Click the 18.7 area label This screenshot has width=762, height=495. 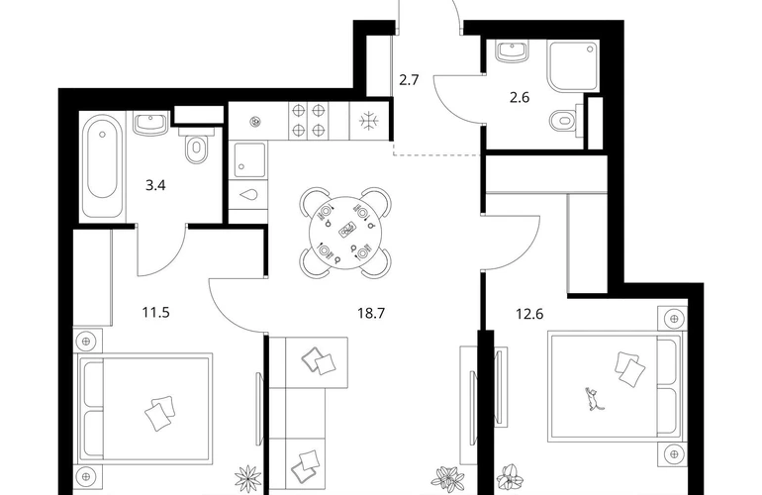(x=371, y=313)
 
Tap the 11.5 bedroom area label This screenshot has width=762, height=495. (x=156, y=312)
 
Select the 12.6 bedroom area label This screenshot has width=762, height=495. (x=529, y=314)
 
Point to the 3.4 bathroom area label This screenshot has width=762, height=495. (x=155, y=185)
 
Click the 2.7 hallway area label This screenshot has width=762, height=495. (x=409, y=80)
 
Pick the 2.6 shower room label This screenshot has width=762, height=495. (x=519, y=98)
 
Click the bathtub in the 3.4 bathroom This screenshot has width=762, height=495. (x=102, y=165)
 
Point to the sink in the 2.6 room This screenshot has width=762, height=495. (x=512, y=51)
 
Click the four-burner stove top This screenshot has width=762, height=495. (x=308, y=121)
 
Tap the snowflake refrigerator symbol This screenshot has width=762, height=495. (x=369, y=121)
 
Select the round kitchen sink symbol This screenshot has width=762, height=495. (x=254, y=122)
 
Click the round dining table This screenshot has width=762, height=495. (x=345, y=233)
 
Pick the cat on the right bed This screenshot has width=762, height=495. (x=593, y=399)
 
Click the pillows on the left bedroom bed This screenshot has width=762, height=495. (x=160, y=413)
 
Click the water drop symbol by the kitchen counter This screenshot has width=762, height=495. (x=248, y=195)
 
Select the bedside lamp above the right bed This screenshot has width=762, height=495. (x=673, y=320)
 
